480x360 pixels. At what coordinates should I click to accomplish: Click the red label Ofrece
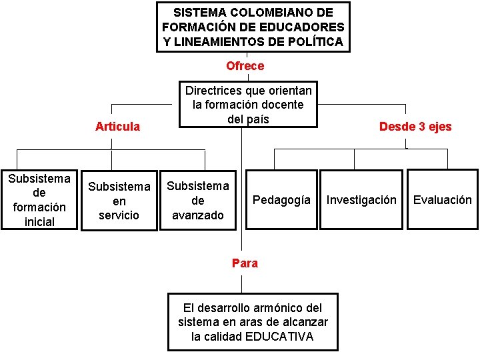tap(245, 66)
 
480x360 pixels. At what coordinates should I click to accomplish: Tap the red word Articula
tap(117, 127)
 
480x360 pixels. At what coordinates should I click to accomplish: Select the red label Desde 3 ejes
tap(415, 127)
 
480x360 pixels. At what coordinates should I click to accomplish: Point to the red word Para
tap(245, 263)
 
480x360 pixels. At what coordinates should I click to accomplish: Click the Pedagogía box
tap(281, 200)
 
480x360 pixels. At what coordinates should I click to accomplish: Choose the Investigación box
tap(361, 200)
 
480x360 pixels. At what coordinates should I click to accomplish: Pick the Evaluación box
tap(442, 200)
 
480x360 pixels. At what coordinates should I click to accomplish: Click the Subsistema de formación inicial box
tap(39, 200)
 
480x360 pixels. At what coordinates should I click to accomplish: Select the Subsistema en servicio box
tap(119, 201)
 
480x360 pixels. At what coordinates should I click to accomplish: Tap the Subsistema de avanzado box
tap(198, 201)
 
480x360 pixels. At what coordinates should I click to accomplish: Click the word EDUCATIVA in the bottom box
tap(279, 337)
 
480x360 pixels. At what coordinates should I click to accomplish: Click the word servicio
tap(119, 215)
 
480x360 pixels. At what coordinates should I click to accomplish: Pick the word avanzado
tap(198, 215)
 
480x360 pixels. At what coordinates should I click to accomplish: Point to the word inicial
tap(39, 221)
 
